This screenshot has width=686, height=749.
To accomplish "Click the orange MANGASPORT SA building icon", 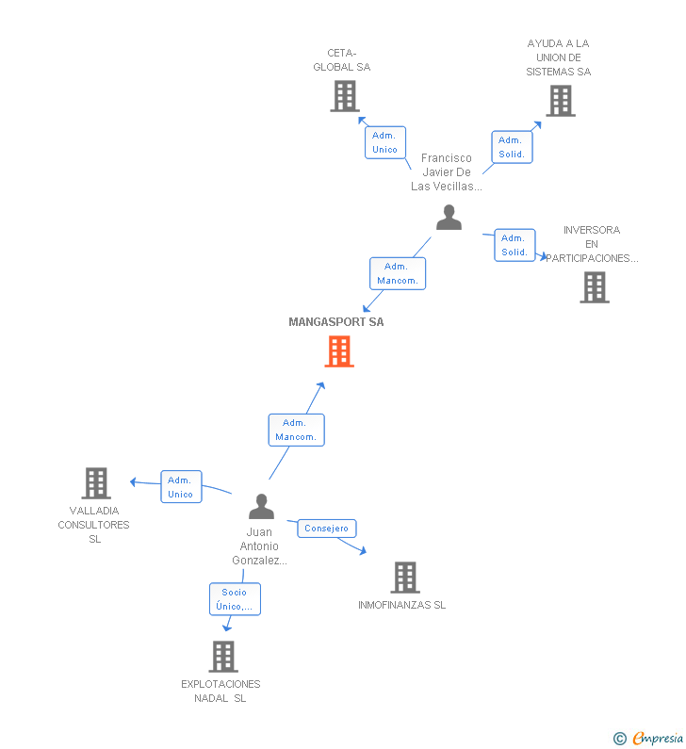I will (x=339, y=351).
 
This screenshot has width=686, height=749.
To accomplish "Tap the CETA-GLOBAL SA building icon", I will (x=345, y=96).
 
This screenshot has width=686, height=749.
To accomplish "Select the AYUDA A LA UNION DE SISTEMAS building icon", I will (x=560, y=101).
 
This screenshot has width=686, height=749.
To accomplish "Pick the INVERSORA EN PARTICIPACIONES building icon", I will (x=595, y=287).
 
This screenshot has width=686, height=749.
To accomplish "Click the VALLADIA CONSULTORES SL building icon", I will (x=96, y=483).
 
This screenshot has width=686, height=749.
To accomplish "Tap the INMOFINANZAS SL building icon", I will (x=404, y=578).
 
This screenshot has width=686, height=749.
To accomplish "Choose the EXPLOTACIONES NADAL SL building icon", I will (x=223, y=657).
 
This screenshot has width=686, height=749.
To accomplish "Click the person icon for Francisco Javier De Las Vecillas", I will (x=449, y=218).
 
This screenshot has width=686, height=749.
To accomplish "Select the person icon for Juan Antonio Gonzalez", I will (x=261, y=507).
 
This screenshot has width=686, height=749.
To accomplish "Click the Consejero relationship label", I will (x=327, y=529).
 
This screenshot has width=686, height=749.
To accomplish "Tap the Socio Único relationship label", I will (x=235, y=599).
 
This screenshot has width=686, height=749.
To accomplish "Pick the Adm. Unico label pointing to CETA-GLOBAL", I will (x=384, y=142).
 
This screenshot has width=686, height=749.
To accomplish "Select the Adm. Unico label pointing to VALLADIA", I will (x=180, y=487).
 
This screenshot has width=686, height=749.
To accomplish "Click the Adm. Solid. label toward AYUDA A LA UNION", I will (x=512, y=147).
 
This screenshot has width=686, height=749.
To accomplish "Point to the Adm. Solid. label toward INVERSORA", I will (x=514, y=245).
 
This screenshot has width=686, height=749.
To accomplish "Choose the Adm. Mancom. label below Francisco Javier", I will (x=397, y=273).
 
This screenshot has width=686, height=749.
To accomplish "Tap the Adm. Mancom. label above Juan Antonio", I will (x=296, y=430).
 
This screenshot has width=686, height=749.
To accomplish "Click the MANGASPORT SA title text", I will (x=336, y=322).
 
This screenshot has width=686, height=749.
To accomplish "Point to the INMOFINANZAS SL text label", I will (x=402, y=605).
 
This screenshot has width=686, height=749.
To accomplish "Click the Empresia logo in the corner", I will (x=650, y=739).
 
